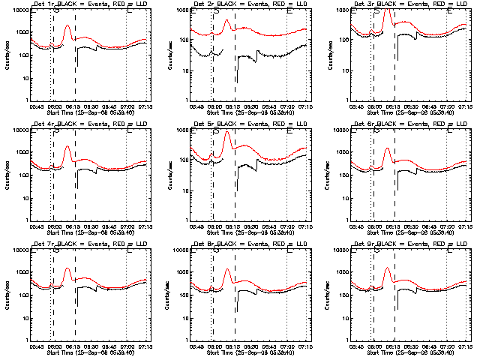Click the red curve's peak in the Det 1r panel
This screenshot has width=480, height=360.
tap(67, 26)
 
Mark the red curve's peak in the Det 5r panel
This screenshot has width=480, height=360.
tap(227, 132)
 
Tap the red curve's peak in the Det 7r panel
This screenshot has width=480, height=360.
tap(67, 268)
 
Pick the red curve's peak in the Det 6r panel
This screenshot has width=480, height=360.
tap(388, 148)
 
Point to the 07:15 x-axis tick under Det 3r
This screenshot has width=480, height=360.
tap(465, 106)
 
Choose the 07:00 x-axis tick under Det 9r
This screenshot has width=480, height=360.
tap(447, 346)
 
